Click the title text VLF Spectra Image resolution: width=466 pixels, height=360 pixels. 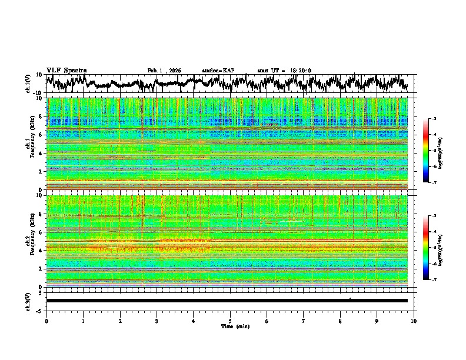click(x=66, y=70)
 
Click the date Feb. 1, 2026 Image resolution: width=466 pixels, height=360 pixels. click(x=164, y=71)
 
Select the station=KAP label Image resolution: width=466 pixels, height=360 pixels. click(x=218, y=71)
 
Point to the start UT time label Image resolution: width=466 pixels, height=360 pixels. click(x=284, y=71)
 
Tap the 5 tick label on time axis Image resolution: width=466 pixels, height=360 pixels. click(x=230, y=321)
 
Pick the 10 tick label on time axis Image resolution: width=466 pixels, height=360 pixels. click(x=414, y=321)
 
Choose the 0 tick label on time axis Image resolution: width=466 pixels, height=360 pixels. click(x=46, y=321)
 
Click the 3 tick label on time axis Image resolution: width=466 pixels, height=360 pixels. click(x=157, y=321)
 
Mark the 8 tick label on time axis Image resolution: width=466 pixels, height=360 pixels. click(x=340, y=321)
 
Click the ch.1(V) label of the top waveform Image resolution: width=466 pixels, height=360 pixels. click(x=28, y=84)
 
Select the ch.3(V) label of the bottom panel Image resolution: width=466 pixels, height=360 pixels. click(x=28, y=300)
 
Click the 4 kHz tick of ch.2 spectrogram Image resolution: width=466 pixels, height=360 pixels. click(x=42, y=250)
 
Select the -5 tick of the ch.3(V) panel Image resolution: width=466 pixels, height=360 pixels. click(x=40, y=309)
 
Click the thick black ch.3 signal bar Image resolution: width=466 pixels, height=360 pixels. click(x=227, y=301)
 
